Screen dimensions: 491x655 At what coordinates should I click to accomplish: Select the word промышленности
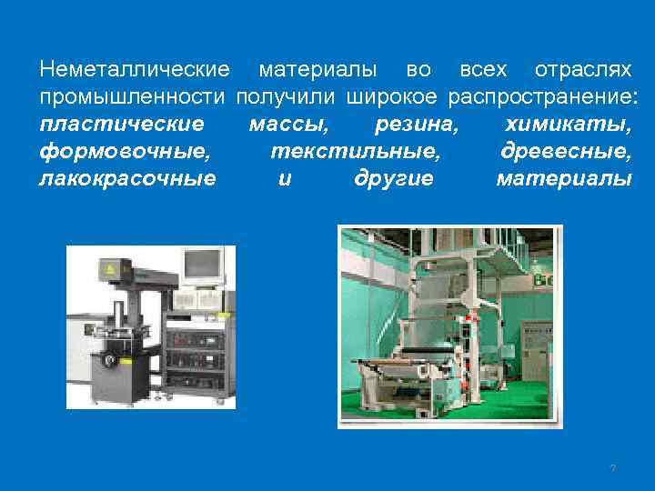[133, 96]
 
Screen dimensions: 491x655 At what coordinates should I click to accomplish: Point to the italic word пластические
[123, 124]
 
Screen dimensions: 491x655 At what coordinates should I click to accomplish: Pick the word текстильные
[356, 151]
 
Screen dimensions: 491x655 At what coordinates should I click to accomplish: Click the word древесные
[566, 151]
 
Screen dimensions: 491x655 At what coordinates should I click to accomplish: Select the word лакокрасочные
[128, 178]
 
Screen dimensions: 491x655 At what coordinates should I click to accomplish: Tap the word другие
[393, 178]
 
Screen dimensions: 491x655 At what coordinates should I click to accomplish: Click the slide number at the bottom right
[612, 468]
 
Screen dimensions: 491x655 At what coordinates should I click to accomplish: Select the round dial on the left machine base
[110, 361]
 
